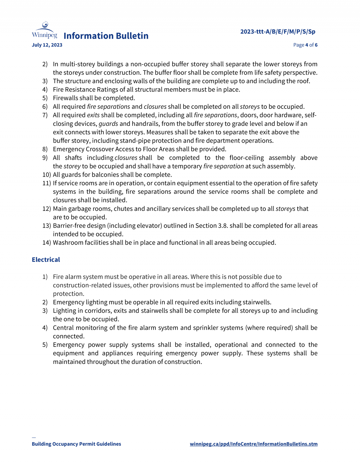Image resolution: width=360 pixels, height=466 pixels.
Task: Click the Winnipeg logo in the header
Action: (x=44, y=30)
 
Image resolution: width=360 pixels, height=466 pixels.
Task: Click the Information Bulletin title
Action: (x=106, y=36)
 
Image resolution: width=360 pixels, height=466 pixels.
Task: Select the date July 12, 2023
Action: (x=47, y=45)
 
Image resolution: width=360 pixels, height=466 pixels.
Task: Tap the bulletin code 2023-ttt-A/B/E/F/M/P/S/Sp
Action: (x=277, y=32)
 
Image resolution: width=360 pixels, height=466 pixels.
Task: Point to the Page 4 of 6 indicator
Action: (x=305, y=45)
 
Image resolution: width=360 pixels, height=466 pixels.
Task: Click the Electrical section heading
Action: (x=46, y=260)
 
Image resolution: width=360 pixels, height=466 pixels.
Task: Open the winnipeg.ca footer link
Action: (x=253, y=444)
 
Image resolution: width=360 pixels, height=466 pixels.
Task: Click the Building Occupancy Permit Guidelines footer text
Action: (x=76, y=444)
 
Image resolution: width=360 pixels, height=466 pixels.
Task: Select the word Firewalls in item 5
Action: (x=65, y=98)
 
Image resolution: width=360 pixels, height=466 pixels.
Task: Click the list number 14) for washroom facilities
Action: (x=46, y=243)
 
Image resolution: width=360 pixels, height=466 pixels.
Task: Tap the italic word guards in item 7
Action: (x=108, y=124)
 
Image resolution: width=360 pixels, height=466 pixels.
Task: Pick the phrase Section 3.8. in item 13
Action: (x=211, y=226)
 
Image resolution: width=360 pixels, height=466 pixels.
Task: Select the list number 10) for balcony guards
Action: (x=46, y=175)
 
